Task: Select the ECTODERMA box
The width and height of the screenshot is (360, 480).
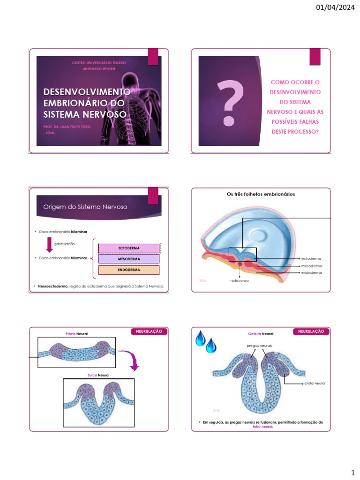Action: [x=129, y=248]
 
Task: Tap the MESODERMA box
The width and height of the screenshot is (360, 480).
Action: [x=129, y=259]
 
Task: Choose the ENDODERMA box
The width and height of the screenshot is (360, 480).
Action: [x=129, y=270]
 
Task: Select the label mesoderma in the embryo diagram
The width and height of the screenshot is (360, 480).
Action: [x=311, y=266]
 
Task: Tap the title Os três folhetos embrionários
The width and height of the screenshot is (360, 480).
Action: [x=261, y=194]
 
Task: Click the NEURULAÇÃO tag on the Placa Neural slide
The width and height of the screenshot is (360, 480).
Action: [x=149, y=331]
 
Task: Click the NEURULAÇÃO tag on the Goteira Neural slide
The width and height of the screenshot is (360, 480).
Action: [x=311, y=331]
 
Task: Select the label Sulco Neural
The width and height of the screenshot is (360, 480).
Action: [x=98, y=375]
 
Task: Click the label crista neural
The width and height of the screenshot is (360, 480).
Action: [x=314, y=383]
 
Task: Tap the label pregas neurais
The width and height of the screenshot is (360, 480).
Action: [x=259, y=345]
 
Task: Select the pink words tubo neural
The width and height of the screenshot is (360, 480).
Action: [x=262, y=427]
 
